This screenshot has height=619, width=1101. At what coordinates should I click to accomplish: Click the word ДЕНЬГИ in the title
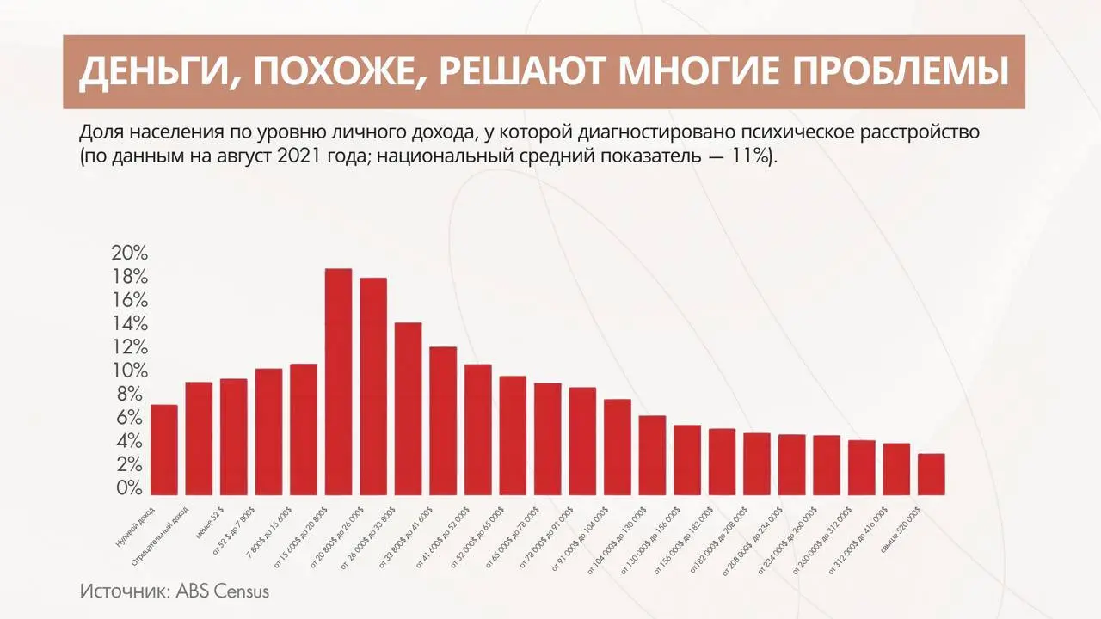tap(151, 72)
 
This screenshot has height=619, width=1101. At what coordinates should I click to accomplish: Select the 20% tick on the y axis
tap(130, 254)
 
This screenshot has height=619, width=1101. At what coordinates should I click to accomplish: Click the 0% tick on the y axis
tap(130, 487)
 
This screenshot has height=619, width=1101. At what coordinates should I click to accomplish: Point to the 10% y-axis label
tap(130, 371)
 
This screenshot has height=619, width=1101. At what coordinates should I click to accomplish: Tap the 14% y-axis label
tap(130, 324)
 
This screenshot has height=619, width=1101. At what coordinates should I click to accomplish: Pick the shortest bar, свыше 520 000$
tap(931, 474)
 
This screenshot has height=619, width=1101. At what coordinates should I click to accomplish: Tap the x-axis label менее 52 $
tap(211, 524)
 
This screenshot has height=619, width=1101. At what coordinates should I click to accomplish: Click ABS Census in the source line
tap(223, 591)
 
